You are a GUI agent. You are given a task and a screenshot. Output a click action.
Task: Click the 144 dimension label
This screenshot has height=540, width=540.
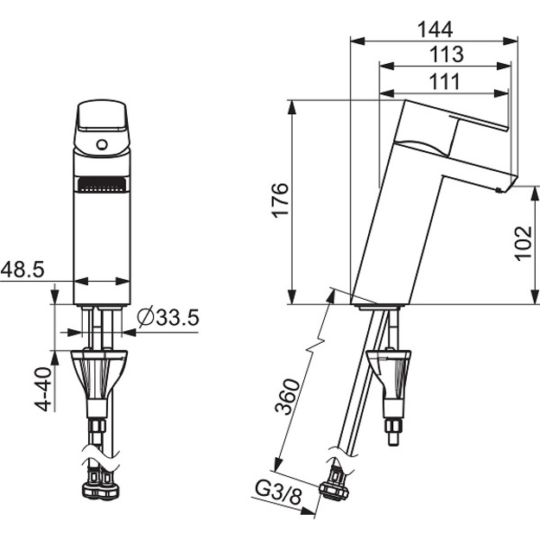(435, 29)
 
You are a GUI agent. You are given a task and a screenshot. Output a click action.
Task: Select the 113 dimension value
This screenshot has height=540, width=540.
(447, 54)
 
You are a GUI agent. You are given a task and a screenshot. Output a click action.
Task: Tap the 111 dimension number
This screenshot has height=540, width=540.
(445, 81)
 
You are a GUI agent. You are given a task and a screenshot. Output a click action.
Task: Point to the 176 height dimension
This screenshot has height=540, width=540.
(280, 200)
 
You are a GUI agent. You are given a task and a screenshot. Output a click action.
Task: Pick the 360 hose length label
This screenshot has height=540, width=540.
(288, 397)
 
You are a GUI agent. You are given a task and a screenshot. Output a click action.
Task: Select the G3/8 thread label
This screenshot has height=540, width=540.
(278, 492)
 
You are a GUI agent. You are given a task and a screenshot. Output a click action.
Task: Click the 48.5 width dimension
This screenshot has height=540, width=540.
(22, 269)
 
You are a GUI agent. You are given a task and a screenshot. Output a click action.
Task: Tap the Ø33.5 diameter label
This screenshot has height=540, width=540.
(168, 317)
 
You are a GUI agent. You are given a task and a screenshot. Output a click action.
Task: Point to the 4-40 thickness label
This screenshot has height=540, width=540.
(43, 389)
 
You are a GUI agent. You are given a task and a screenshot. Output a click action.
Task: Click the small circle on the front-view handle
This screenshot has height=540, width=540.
(102, 144)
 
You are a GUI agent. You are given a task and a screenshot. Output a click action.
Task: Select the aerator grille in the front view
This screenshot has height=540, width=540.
(102, 185)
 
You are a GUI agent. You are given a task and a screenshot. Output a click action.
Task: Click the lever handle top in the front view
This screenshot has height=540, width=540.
(102, 116)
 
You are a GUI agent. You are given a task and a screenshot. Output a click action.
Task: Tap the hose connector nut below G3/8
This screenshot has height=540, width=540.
(334, 490)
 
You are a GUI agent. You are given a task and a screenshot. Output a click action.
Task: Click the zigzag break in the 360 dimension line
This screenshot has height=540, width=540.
(316, 346)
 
